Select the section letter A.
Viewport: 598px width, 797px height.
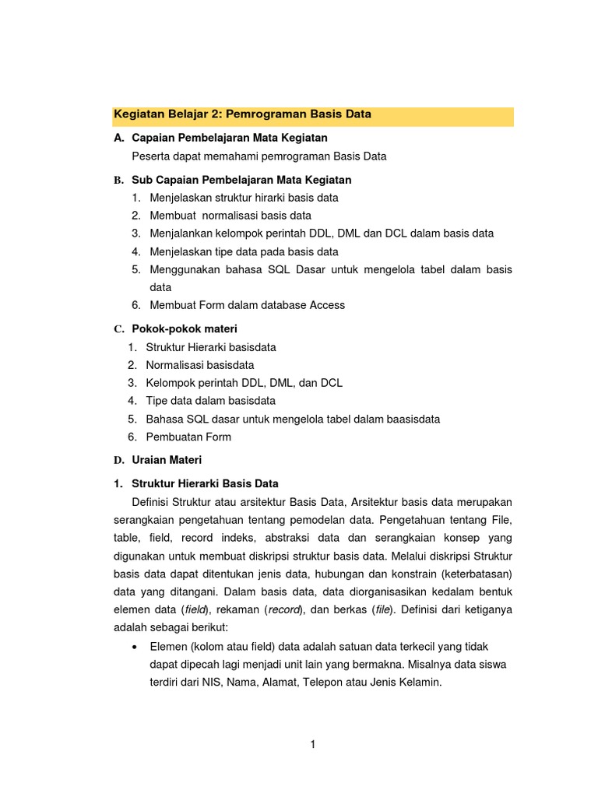click(118, 138)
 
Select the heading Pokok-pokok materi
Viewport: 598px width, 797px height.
click(185, 328)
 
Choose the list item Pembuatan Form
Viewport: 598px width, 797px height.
click(188, 437)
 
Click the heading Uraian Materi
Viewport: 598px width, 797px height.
click(167, 460)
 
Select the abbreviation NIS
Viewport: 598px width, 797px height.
click(217, 683)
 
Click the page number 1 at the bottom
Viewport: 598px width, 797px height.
click(313, 744)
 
